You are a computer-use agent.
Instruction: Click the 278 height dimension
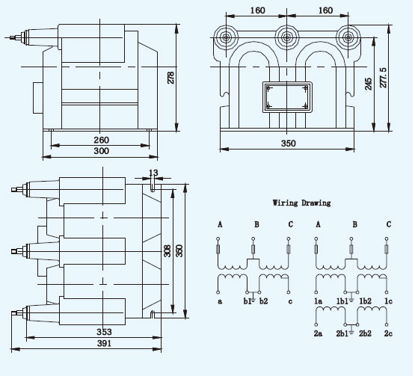171,78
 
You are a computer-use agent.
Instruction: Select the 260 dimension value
102,140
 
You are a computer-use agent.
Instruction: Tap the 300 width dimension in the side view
102,151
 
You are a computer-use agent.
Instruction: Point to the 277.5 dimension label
384,78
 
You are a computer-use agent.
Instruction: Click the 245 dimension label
368,84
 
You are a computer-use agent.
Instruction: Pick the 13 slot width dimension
153,173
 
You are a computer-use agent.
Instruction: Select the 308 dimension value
167,250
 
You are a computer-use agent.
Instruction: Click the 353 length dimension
104,332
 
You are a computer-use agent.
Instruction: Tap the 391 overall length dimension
104,343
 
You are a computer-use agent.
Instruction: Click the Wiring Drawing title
302,203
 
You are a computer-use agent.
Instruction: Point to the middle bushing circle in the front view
287,37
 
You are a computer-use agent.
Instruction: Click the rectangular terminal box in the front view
287,97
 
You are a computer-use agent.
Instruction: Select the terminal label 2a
318,333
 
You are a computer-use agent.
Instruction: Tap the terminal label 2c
388,333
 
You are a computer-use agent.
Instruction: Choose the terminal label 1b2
365,301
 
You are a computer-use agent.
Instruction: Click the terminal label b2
263,301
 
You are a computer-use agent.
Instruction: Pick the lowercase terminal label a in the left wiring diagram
220,301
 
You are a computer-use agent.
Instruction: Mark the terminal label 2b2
365,333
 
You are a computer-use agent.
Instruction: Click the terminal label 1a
318,301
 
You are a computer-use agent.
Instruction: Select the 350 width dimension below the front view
288,144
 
